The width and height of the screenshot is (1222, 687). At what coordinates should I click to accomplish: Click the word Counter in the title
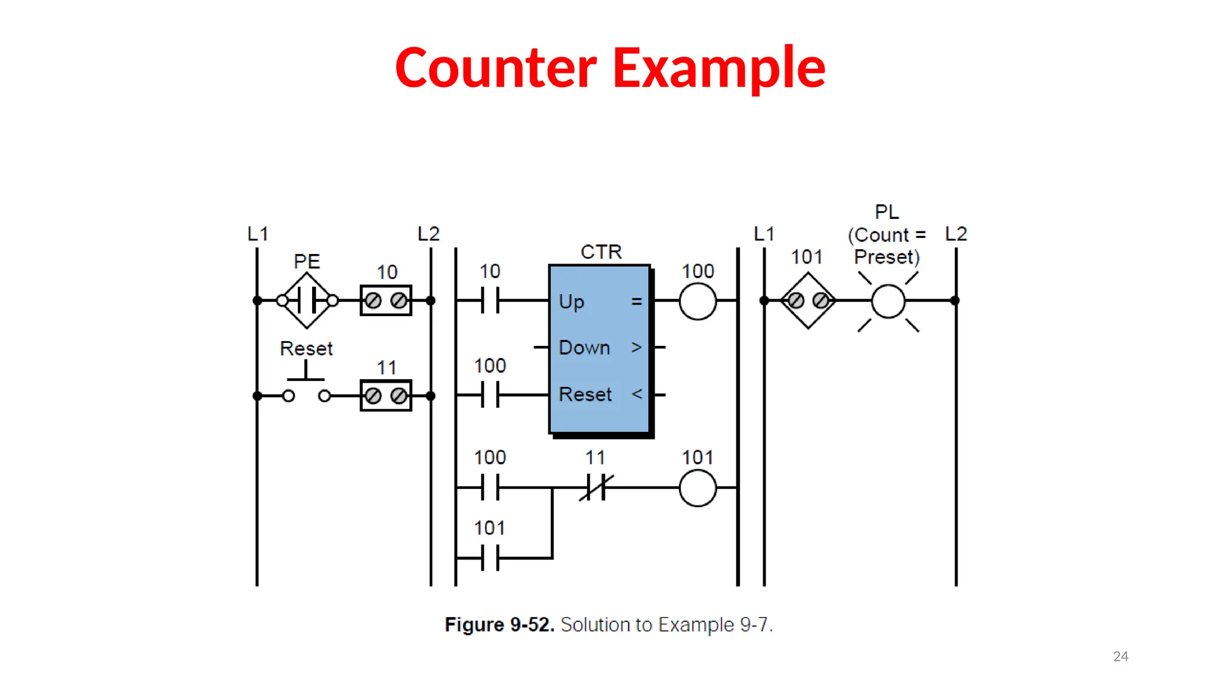click(496, 68)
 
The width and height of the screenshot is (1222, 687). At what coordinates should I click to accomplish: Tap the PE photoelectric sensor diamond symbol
click(307, 301)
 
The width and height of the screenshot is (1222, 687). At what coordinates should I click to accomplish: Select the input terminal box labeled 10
click(386, 301)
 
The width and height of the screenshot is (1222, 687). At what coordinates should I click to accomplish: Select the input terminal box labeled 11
click(386, 395)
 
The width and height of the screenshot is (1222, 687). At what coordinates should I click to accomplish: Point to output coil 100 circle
click(698, 301)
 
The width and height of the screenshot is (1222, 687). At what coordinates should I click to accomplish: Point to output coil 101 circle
click(698, 488)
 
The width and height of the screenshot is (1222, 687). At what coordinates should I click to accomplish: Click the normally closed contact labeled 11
click(596, 487)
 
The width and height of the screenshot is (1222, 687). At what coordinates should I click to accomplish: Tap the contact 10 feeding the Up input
click(490, 301)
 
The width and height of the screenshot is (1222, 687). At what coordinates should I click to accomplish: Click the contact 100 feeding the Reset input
click(490, 395)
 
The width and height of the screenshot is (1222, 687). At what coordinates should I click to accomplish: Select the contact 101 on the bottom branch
click(490, 558)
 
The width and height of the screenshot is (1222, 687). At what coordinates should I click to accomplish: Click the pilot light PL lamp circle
click(888, 301)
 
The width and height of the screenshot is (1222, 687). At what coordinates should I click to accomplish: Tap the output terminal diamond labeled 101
click(808, 301)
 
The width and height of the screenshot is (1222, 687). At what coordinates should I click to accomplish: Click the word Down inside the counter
click(584, 348)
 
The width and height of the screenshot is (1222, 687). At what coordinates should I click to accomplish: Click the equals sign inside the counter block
click(637, 302)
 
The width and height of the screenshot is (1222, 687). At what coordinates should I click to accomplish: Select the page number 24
click(1121, 657)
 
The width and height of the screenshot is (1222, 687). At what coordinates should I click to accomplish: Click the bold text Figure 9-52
click(499, 625)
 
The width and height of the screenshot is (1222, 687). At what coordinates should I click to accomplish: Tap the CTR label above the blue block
click(601, 252)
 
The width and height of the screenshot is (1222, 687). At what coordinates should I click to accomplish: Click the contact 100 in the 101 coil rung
click(490, 488)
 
